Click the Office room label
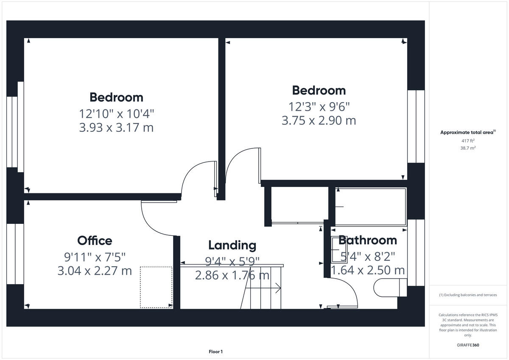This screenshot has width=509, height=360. [95, 241]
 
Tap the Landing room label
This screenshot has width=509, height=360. [232, 245]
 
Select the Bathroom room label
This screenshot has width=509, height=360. [368, 240]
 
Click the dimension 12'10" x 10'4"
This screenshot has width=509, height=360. [116, 114]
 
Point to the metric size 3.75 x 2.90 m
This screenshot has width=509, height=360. [319, 120]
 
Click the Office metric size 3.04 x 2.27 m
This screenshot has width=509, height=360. [95, 271]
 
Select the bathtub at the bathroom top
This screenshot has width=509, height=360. [370, 206]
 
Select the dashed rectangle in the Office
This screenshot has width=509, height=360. [156, 287]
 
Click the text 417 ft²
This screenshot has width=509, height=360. [468, 141]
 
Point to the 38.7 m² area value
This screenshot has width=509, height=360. [468, 148]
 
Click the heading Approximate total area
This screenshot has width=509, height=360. [467, 133]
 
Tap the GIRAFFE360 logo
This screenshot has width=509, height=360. [468, 345]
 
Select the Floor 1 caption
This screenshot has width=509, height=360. [215, 352]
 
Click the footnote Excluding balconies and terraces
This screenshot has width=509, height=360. [468, 295]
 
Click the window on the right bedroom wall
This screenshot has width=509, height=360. [416, 126]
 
